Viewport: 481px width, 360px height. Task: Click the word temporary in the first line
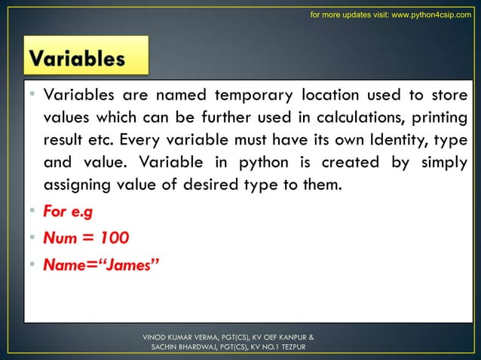[x=255, y=96]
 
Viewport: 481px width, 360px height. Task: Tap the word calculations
[x=354, y=118]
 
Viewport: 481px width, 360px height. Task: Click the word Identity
[x=365, y=141]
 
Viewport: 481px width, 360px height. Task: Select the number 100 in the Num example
[x=113, y=237]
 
